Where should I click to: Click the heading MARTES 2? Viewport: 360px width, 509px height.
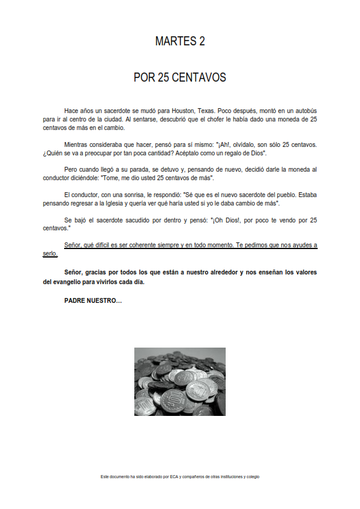(180, 41)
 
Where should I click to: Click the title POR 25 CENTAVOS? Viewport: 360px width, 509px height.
(180, 78)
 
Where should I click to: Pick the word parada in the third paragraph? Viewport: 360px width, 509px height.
(128, 170)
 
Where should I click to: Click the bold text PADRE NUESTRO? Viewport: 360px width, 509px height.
(93, 300)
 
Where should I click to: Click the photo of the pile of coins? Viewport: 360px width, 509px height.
(180, 381)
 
